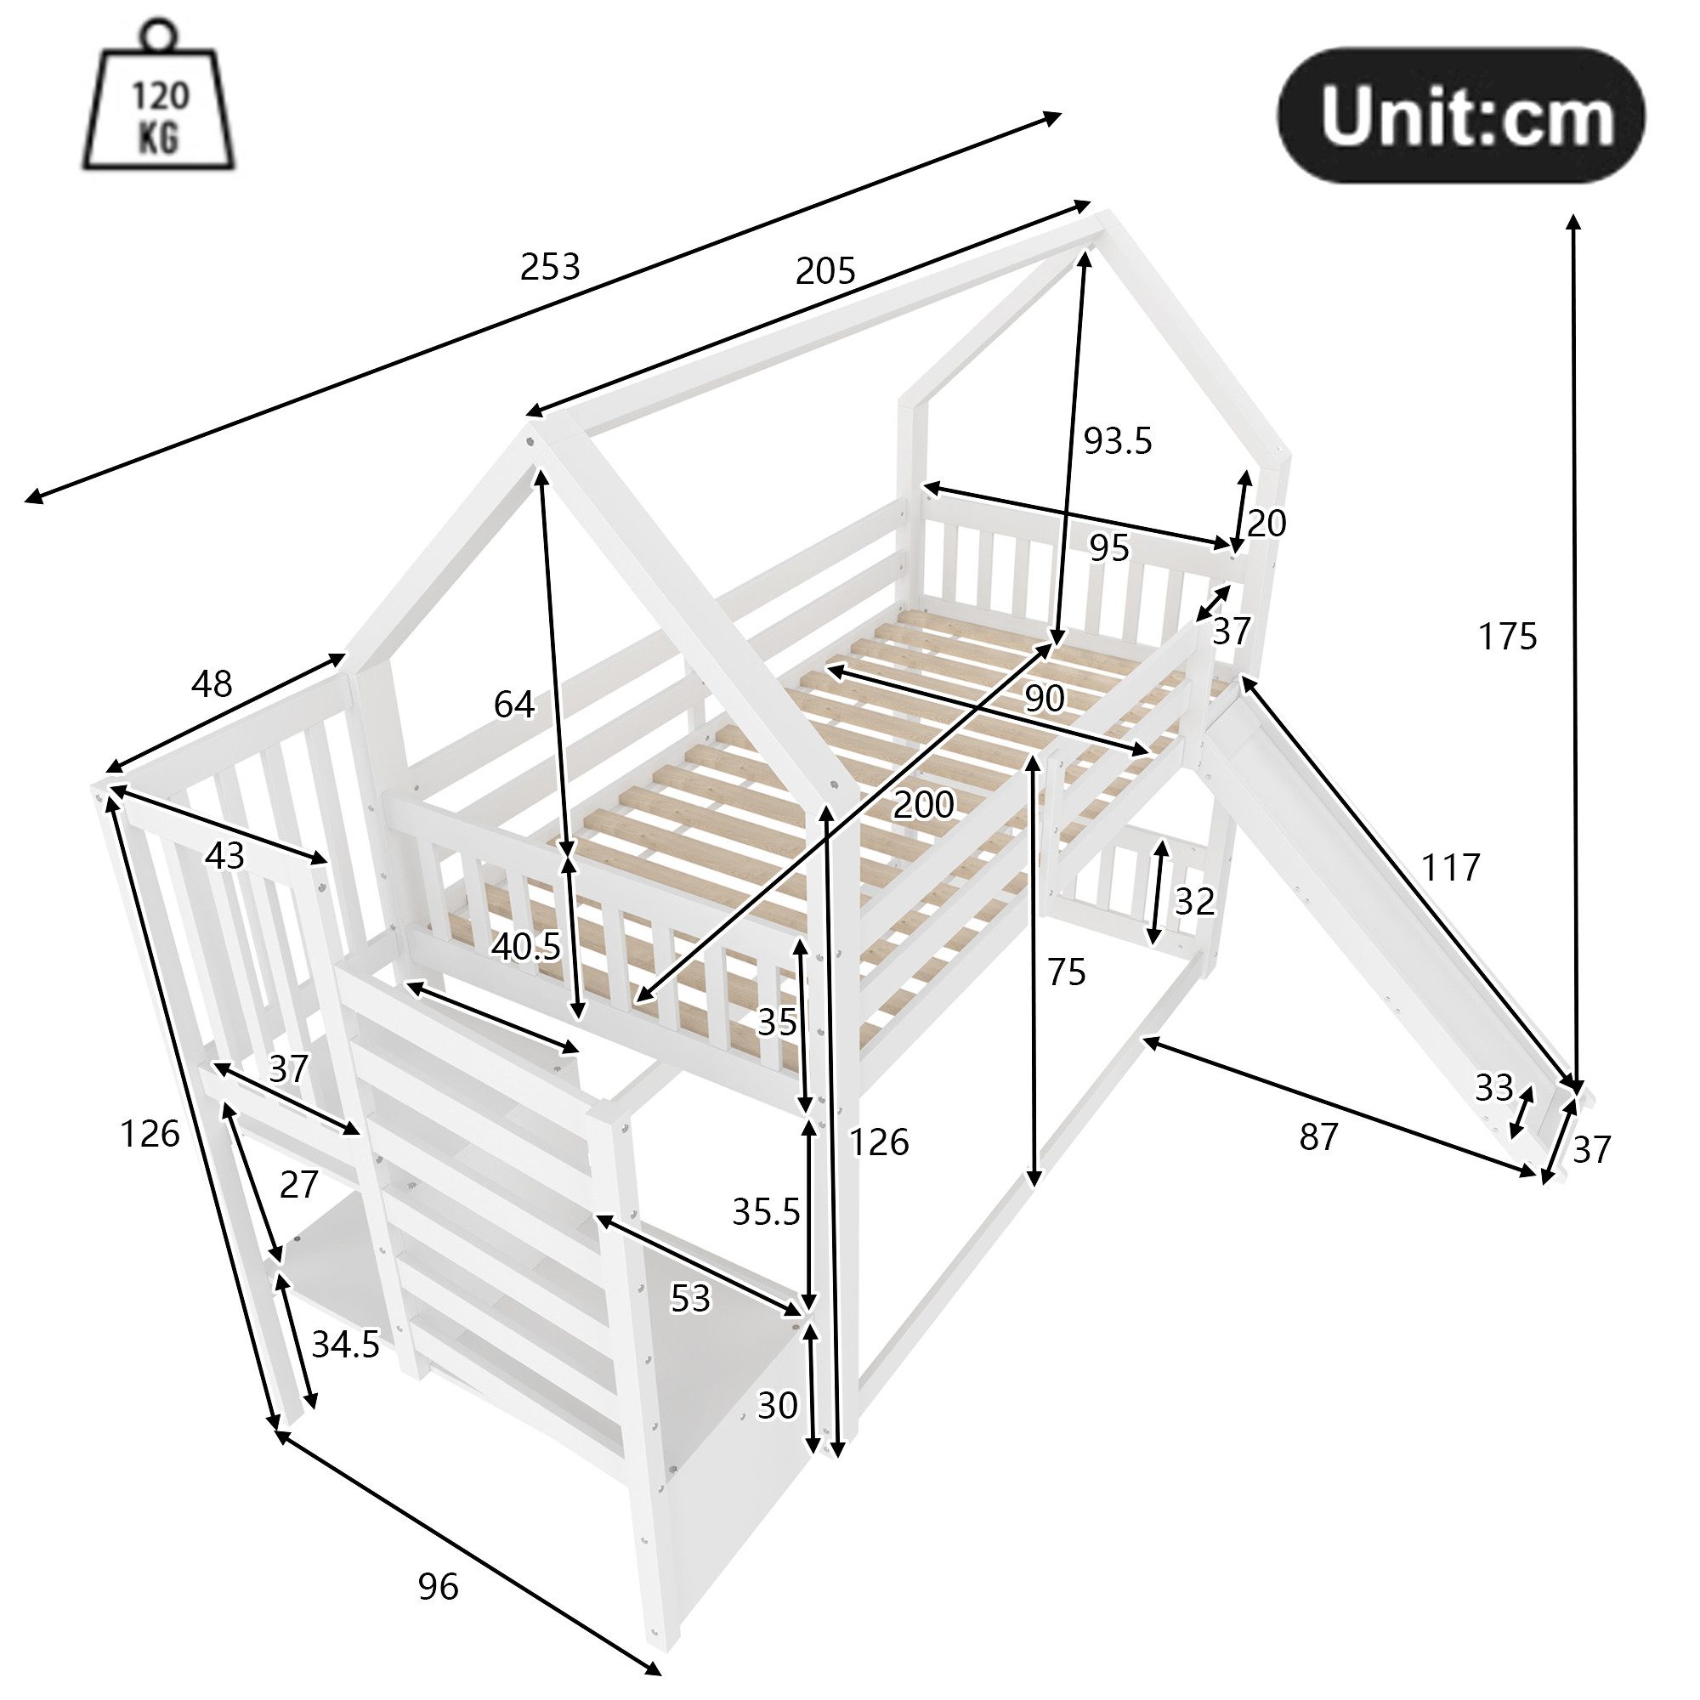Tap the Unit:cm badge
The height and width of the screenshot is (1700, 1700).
click(x=1460, y=116)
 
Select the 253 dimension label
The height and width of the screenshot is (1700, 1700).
click(x=550, y=267)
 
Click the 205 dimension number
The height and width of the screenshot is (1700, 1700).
click(x=824, y=271)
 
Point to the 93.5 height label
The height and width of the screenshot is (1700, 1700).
click(x=1117, y=441)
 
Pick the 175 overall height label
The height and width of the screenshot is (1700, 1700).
click(x=1506, y=636)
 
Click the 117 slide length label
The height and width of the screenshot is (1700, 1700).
click(x=1450, y=868)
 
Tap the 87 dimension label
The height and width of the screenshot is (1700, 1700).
click(x=1318, y=1138)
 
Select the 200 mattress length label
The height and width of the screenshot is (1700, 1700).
click(x=923, y=804)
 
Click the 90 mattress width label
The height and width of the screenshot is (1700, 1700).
click(x=1045, y=699)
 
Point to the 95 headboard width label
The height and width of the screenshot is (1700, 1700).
click(x=1108, y=548)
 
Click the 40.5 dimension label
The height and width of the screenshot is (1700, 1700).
click(x=526, y=946)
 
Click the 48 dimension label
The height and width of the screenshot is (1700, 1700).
click(x=212, y=683)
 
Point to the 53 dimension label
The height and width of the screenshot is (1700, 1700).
click(x=690, y=1298)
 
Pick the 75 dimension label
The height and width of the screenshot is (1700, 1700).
click(x=1067, y=972)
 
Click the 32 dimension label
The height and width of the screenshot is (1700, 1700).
click(x=1194, y=900)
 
